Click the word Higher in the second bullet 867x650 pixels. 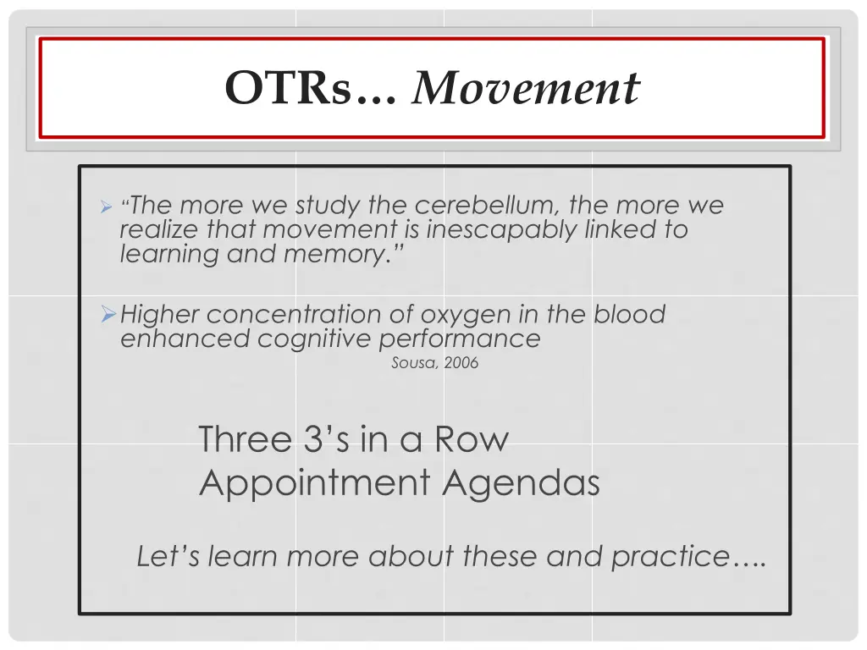coord(160,315)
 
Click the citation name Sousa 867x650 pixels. coord(411,363)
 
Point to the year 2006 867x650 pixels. coord(461,363)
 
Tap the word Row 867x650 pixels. coord(472,439)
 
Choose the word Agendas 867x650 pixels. coord(522,483)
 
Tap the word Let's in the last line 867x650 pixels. coord(168,557)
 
